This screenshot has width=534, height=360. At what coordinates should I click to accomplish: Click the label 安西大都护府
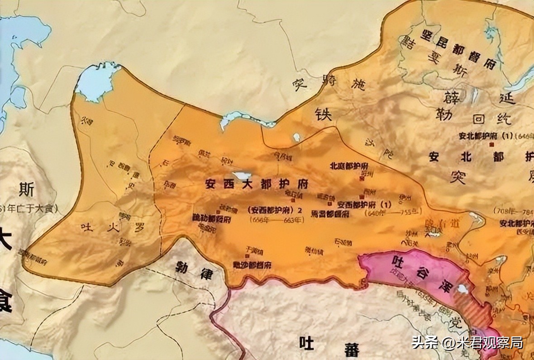257,185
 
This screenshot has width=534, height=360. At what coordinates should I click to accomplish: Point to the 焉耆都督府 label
330,213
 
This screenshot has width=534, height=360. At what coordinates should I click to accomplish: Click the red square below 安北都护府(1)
491,144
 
